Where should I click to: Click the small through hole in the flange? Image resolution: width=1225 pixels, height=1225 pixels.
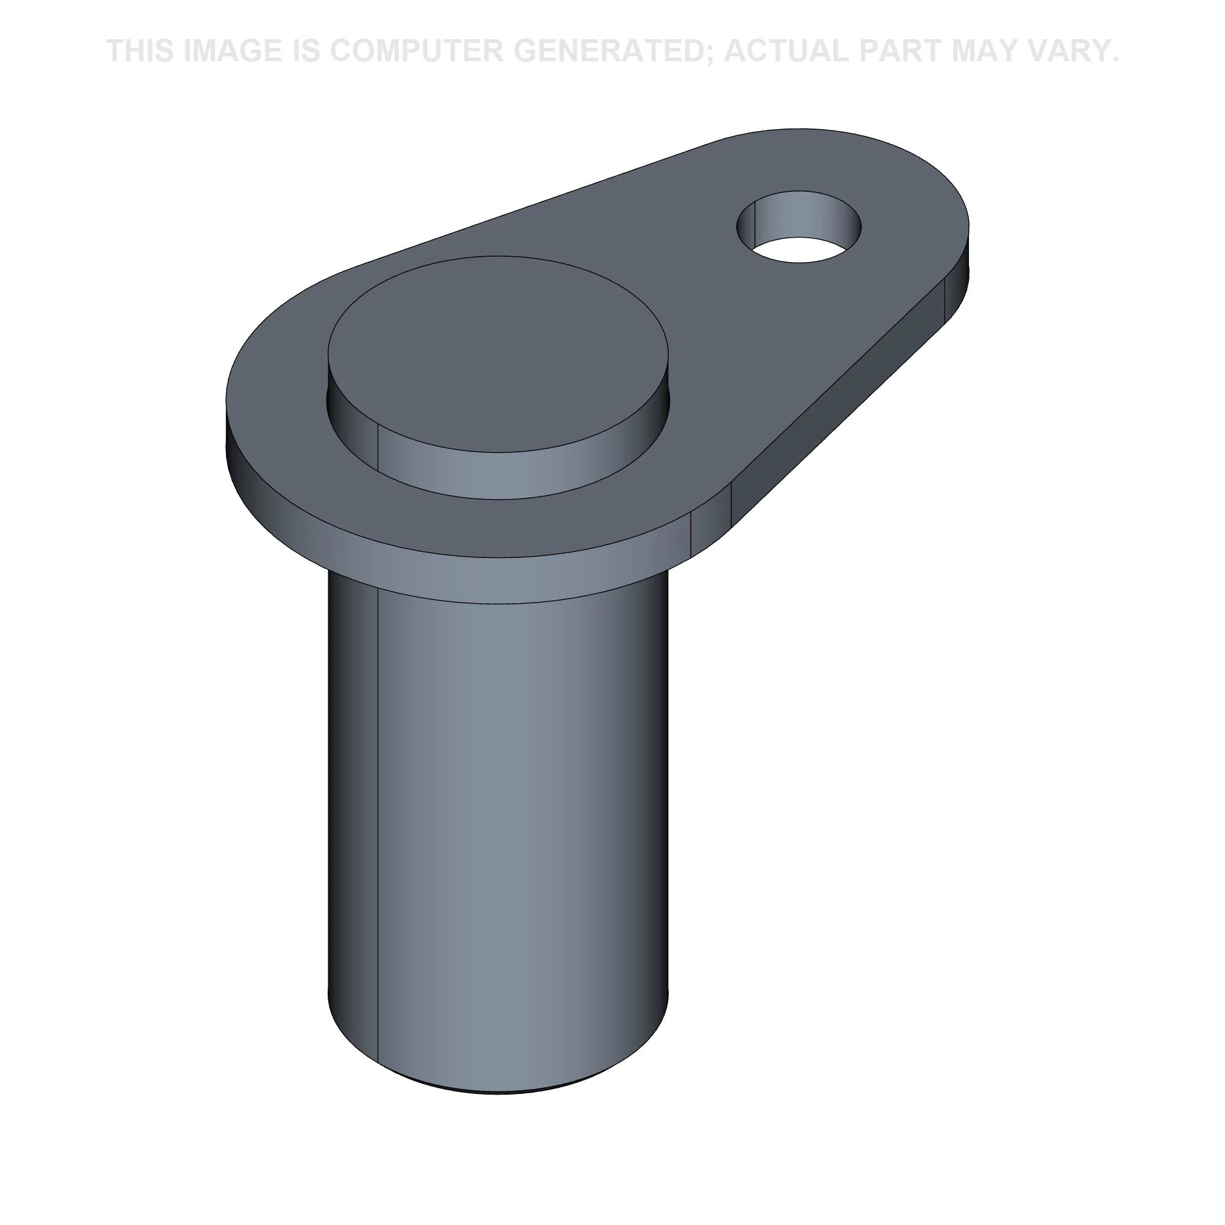pos(799,227)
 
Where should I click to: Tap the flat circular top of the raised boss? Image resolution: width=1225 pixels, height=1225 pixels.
pos(498,355)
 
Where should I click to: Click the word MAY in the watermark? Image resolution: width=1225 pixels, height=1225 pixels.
pos(984,51)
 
